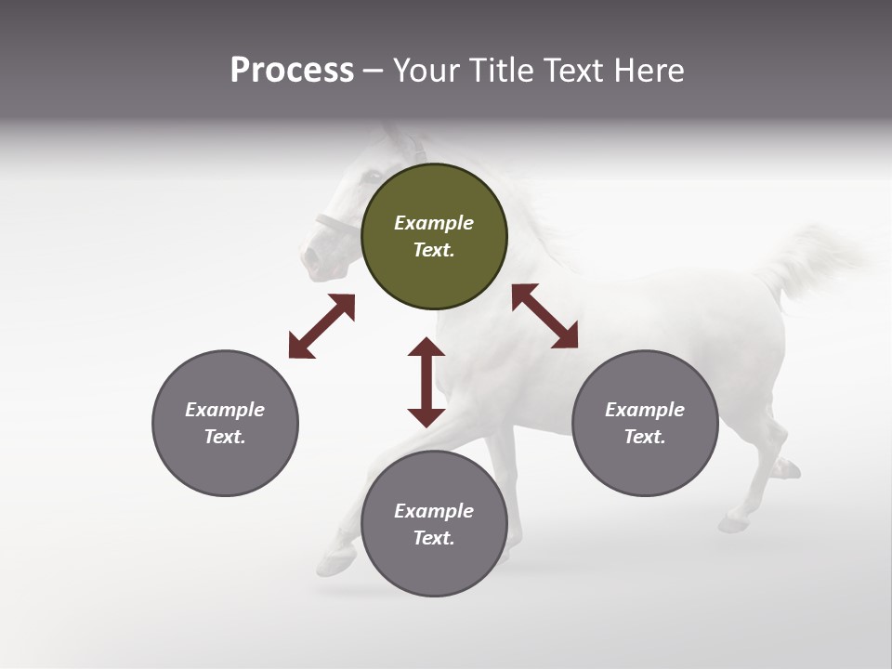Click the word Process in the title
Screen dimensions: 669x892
click(292, 71)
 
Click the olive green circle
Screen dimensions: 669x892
click(434, 236)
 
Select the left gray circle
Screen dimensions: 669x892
click(225, 423)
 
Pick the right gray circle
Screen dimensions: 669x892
click(645, 423)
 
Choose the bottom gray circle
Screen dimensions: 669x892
click(434, 523)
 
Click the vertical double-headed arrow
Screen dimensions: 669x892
click(426, 382)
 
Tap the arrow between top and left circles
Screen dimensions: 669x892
click(321, 326)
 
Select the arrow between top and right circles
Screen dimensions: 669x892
click(544, 316)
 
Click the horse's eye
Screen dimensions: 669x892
click(373, 175)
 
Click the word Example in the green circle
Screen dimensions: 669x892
click(434, 223)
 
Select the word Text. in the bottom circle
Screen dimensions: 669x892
click(434, 538)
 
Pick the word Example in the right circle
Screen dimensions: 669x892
click(645, 410)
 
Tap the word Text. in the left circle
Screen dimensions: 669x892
click(225, 437)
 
